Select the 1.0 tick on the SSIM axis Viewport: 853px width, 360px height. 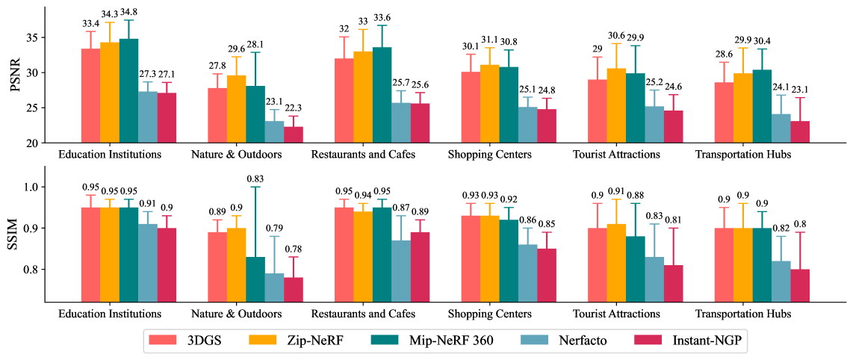point(31,187)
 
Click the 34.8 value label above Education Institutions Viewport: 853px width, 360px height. point(128,14)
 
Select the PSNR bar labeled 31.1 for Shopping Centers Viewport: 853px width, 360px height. point(490,104)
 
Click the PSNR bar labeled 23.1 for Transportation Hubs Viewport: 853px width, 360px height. point(800,131)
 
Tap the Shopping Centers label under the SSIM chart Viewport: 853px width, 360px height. point(491,314)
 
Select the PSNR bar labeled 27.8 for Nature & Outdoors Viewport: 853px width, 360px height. point(217,115)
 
